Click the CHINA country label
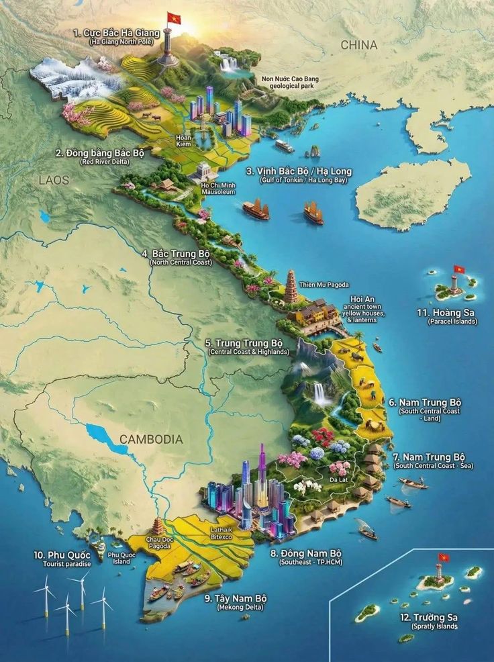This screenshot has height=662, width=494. [x=358, y=45]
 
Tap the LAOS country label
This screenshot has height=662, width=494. [x=54, y=180]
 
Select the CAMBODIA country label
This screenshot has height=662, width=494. [x=151, y=439]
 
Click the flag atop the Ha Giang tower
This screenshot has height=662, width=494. [x=175, y=18]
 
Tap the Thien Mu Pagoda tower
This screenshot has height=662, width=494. [x=291, y=287]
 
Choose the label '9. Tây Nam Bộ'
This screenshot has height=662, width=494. [x=236, y=598]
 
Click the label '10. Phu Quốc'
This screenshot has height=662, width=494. [x=62, y=555]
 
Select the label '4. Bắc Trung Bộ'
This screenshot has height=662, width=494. [x=177, y=254]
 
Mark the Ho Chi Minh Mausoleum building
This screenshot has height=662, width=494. [x=205, y=172]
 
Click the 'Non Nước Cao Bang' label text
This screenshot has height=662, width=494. [x=290, y=79]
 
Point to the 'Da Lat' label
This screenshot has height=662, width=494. [x=338, y=479]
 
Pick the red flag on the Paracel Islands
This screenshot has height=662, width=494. [x=459, y=270]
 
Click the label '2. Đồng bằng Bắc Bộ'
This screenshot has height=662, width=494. [x=100, y=153]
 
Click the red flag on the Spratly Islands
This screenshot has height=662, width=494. [x=443, y=557]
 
